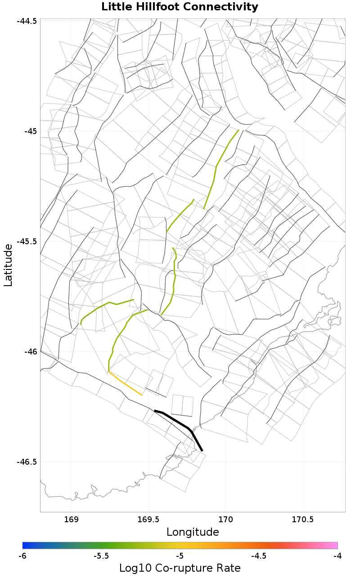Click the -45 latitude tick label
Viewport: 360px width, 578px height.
click(31, 131)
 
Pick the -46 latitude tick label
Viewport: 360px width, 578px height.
click(31, 352)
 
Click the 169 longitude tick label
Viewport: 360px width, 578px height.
click(72, 520)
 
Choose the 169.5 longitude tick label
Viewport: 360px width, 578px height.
click(148, 520)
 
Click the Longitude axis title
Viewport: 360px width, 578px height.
click(193, 533)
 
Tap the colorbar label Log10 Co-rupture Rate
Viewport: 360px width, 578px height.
click(180, 568)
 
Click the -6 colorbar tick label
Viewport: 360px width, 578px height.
click(22, 556)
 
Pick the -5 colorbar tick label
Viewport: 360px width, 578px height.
click(180, 556)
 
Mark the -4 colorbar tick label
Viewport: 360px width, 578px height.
click(337, 556)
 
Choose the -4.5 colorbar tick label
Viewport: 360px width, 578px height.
click(259, 556)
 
